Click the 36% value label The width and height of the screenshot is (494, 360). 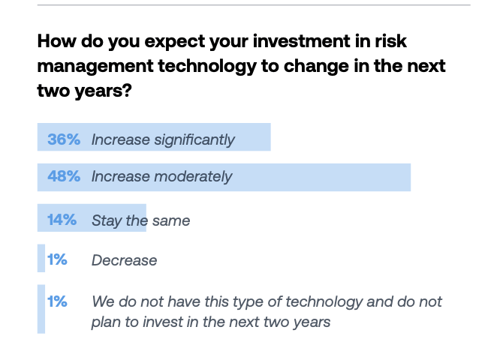click(x=64, y=139)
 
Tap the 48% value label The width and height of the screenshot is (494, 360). click(x=64, y=177)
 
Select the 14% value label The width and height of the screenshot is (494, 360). click(x=62, y=220)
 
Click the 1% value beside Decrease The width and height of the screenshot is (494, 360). click(x=58, y=260)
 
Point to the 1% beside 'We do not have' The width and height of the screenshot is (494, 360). click(x=58, y=301)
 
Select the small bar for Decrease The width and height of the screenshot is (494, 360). click(x=41, y=259)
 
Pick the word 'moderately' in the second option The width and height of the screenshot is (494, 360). click(x=193, y=177)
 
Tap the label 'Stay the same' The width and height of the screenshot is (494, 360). click(x=140, y=220)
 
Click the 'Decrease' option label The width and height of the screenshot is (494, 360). click(x=124, y=260)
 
